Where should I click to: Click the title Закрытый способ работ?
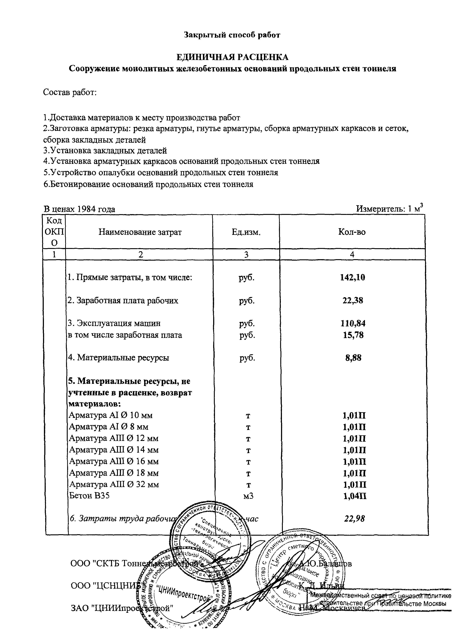[232, 35]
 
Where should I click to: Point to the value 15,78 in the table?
[353, 335]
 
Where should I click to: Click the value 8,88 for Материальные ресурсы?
[353, 358]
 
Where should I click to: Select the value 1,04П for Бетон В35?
[354, 496]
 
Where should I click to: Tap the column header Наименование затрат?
[140, 232]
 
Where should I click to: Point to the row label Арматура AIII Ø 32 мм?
[114, 484]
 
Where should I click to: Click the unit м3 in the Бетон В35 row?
[248, 496]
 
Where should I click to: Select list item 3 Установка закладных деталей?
[105, 150]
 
